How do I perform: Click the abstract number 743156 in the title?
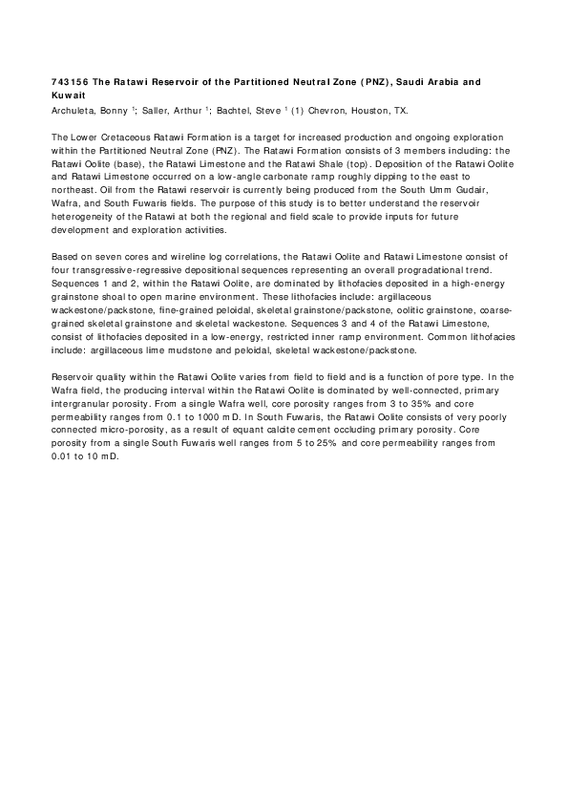click(x=67, y=83)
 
